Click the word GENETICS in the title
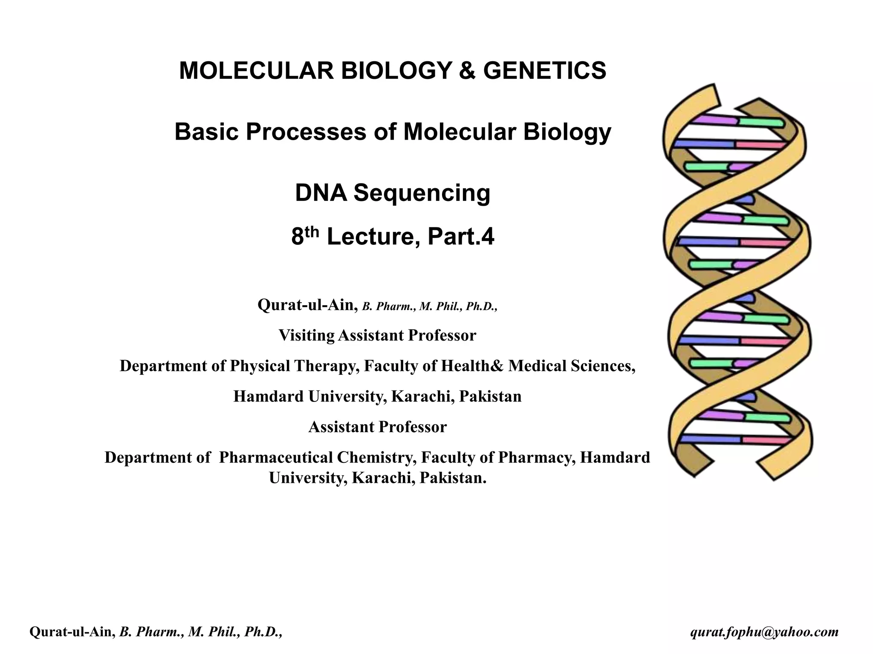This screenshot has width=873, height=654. [544, 71]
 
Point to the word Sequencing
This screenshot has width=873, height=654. [422, 193]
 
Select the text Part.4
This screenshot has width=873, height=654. [461, 237]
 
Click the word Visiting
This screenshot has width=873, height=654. [306, 336]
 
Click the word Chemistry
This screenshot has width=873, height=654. [376, 458]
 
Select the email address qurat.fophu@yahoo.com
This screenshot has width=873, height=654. [764, 632]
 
